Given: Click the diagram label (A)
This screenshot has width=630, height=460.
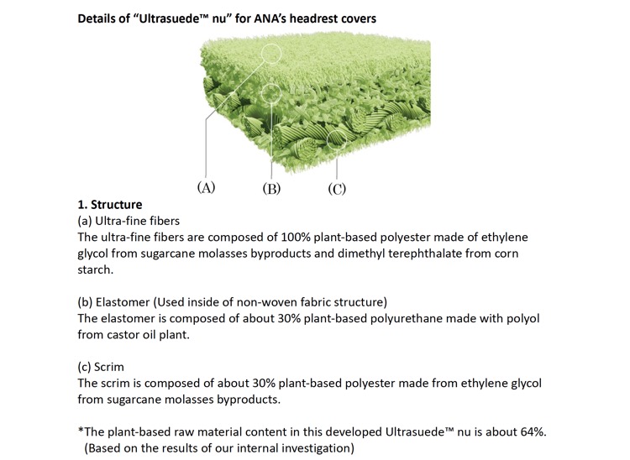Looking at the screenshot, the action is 206,187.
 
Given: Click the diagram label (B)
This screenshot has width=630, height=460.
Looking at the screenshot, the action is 271,188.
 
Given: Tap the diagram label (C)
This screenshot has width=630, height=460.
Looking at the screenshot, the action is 337,188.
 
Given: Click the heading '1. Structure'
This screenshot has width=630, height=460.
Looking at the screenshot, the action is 110,205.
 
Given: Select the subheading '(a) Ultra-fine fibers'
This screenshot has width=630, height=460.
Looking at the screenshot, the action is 129,221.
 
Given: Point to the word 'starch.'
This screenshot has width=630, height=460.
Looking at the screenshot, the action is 96,269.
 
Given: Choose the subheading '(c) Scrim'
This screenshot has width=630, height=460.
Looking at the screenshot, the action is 101,367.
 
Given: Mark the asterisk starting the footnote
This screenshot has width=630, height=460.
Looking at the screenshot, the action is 81,431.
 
